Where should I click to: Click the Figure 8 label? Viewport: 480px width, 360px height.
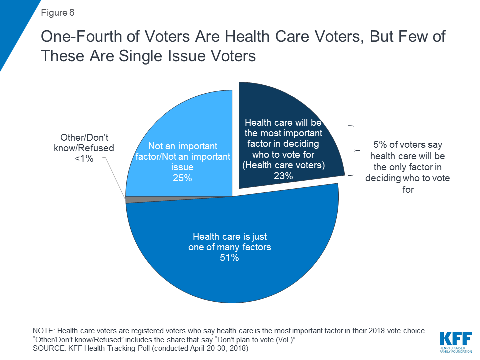[x=57, y=13]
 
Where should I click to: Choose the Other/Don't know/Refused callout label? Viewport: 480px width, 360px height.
[x=87, y=143]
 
